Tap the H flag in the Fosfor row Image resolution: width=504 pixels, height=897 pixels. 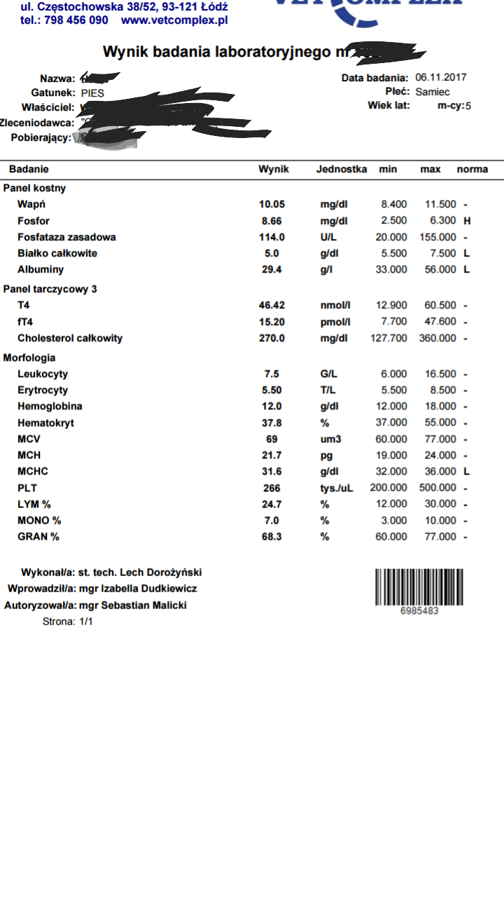tap(467, 221)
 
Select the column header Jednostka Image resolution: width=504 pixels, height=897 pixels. tap(341, 170)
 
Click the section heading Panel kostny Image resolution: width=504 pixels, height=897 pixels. tap(35, 189)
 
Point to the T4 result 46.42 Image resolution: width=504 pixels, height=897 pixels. tap(272, 306)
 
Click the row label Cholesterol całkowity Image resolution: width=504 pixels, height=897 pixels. tap(70, 338)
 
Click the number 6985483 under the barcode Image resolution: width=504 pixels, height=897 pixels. tap(419, 611)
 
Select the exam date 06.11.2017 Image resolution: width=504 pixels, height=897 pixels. tap(440, 78)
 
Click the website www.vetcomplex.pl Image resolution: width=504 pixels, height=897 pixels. tap(174, 20)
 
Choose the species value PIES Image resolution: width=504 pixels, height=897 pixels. tap(93, 93)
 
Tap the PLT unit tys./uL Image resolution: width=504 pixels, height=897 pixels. tap(336, 488)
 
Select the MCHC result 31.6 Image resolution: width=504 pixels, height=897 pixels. tap(272, 472)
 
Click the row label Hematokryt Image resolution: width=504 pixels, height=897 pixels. tap(45, 423)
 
